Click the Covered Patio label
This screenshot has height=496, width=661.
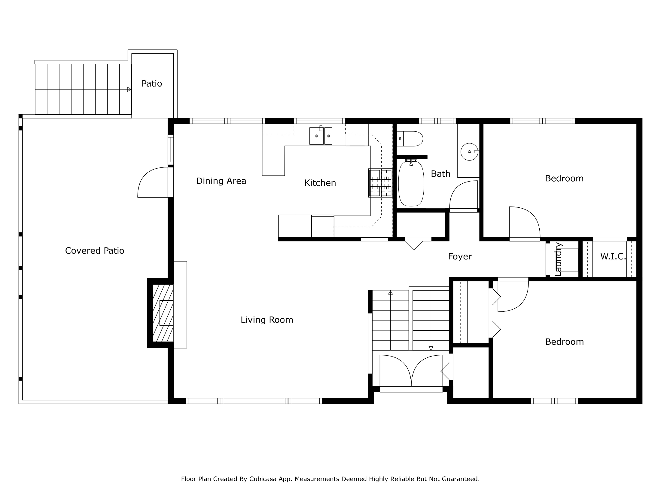95,251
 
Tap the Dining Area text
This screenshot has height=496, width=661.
221,181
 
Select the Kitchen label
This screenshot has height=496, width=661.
320,183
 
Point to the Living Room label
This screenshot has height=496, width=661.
267,320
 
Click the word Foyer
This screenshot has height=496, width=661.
460,256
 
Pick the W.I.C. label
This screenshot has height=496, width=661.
613,256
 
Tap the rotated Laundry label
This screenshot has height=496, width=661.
558,259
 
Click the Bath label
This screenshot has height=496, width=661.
440,174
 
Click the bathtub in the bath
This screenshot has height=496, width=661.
411,183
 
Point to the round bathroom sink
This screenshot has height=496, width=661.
469,152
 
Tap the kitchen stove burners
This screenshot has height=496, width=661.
380,183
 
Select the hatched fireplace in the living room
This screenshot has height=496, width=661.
163,313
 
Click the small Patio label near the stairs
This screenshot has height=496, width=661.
152,84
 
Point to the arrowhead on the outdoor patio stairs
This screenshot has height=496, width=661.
129,89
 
